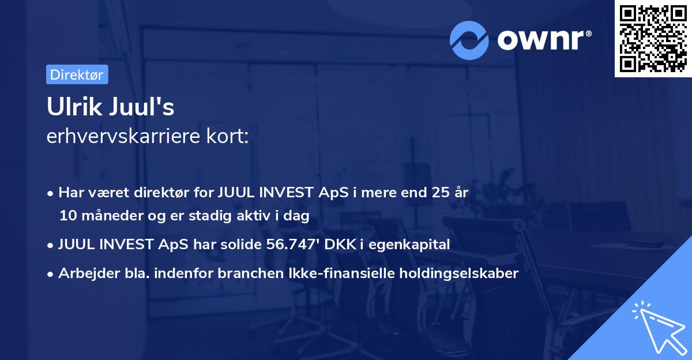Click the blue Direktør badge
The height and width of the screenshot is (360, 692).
coord(77,74)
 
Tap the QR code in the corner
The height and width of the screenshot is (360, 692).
coord(653,39)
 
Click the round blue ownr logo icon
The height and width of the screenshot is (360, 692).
coord(469,40)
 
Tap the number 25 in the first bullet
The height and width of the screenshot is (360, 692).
coord(435,193)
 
